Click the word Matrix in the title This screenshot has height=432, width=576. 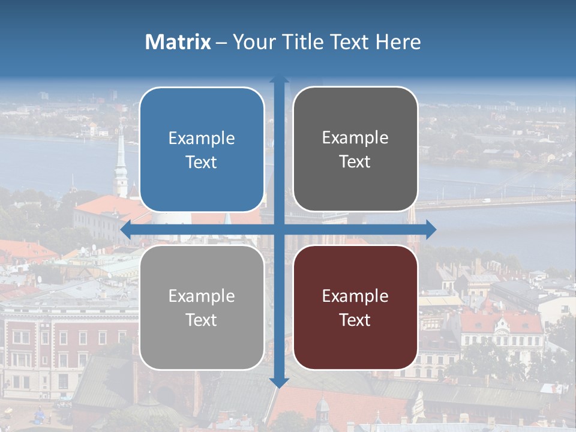point(178,42)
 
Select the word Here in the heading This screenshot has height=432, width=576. point(398,42)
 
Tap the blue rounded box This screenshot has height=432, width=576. point(202,149)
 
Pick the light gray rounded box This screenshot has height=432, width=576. point(202,307)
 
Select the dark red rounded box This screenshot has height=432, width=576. point(355,307)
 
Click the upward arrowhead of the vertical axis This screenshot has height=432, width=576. point(279,80)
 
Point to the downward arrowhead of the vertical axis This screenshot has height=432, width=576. point(279,382)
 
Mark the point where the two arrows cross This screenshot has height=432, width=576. point(279,229)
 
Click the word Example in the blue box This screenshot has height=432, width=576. point(202,139)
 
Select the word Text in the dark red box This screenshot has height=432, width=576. point(355,320)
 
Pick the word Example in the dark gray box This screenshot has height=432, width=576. point(355,138)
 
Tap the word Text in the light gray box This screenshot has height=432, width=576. point(202,320)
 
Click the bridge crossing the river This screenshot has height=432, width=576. point(492,202)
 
